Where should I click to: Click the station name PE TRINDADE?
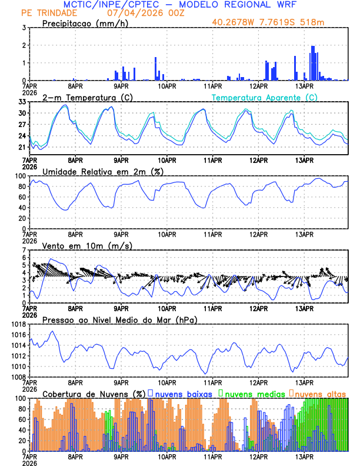pos(48,13)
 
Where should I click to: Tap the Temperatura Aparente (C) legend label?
pos(265,97)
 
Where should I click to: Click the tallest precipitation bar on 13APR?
pos(312,63)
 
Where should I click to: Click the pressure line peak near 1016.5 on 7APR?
pos(52,332)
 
